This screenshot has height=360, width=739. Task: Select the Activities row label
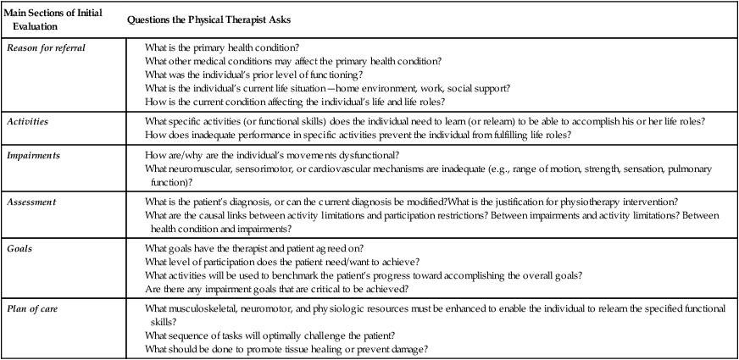pos(26,121)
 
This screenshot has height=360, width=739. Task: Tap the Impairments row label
pos(33,157)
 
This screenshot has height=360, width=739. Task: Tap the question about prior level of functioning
pos(238,74)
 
